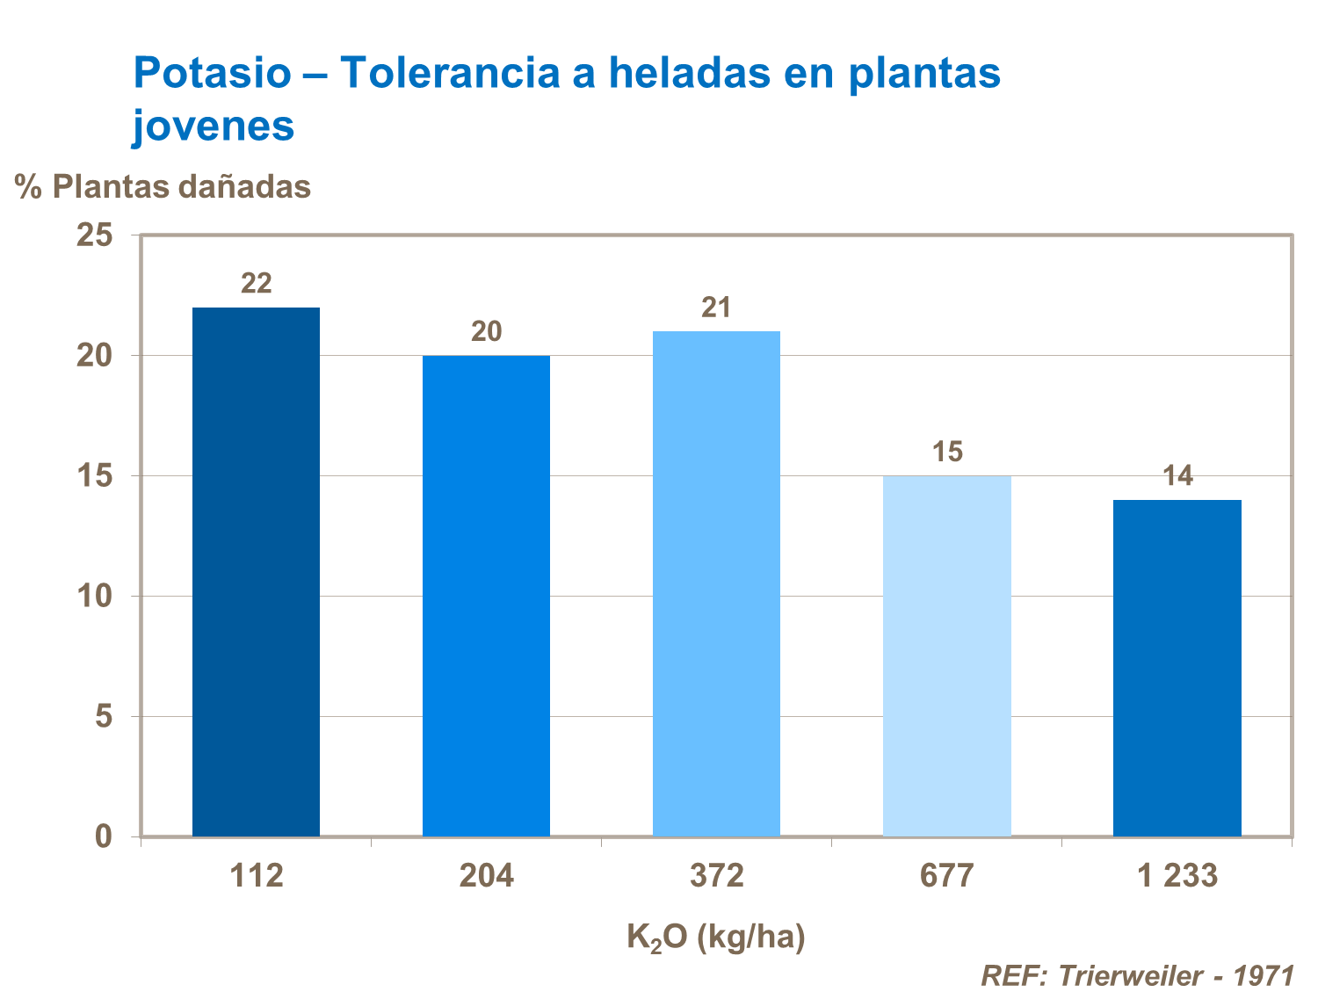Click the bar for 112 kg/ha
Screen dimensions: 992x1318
(256, 571)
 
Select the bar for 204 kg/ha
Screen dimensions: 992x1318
(486, 596)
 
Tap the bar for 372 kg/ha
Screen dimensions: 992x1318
(716, 583)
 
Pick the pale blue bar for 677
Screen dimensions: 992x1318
(946, 655)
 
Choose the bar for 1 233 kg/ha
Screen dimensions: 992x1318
(1177, 668)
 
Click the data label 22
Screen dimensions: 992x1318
(257, 284)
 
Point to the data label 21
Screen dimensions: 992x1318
(716, 308)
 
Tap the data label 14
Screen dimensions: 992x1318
(1177, 476)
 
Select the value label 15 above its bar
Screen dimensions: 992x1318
(947, 453)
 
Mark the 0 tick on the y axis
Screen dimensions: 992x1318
(104, 836)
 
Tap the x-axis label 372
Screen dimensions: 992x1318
(716, 876)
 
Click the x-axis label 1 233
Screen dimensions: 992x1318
(1177, 876)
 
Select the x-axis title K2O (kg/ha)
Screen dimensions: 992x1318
(716, 937)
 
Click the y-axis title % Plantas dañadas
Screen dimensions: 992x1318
(163, 186)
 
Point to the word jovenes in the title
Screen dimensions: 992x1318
(214, 126)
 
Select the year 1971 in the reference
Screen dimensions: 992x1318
(1264, 975)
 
